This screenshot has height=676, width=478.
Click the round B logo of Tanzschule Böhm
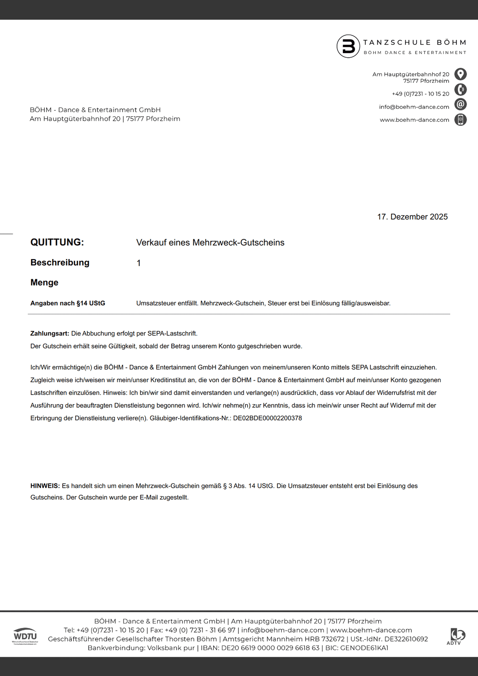pyautogui.click(x=348, y=46)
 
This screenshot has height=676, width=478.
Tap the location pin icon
pyautogui.click(x=460, y=74)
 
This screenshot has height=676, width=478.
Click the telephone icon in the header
pyautogui.click(x=460, y=89)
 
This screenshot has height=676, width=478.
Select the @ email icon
pyautogui.click(x=460, y=104)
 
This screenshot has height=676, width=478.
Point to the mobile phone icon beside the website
pyautogui.click(x=460, y=119)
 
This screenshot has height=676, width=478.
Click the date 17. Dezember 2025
pyautogui.click(x=412, y=217)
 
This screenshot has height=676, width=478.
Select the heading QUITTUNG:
pyautogui.click(x=57, y=243)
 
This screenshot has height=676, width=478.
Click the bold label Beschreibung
pyautogui.click(x=60, y=263)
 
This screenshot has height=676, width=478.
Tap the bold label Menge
pyautogui.click(x=44, y=283)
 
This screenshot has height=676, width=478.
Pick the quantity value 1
pyautogui.click(x=139, y=263)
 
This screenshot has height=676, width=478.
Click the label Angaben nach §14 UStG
pyautogui.click(x=68, y=303)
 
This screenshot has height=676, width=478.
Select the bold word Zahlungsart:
pyautogui.click(x=50, y=334)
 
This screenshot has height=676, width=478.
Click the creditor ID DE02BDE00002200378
pyautogui.click(x=267, y=418)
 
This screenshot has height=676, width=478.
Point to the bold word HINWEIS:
pyautogui.click(x=45, y=486)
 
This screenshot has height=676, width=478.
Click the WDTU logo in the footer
pyautogui.click(x=25, y=636)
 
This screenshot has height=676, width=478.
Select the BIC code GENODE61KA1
pyautogui.click(x=364, y=648)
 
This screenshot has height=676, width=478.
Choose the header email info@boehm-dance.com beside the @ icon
pyautogui.click(x=414, y=107)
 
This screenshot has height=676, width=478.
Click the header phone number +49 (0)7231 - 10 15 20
pyautogui.click(x=420, y=94)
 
